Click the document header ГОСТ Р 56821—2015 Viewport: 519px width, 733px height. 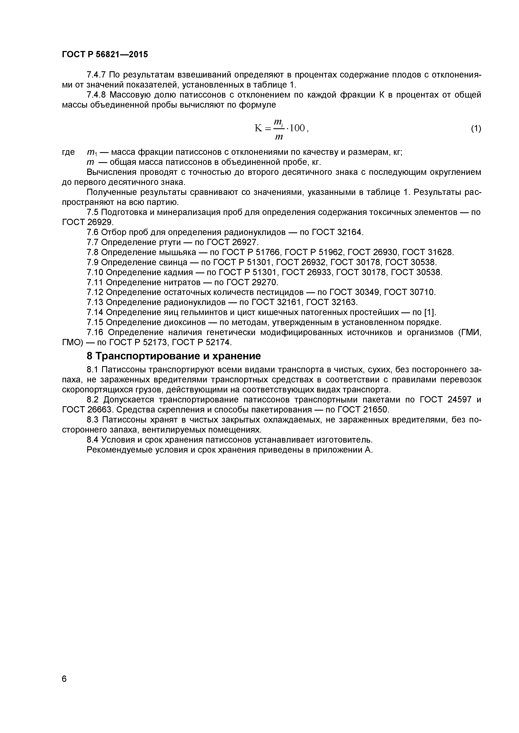tap(105, 55)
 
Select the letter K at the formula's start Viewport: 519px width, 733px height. tap(258, 128)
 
